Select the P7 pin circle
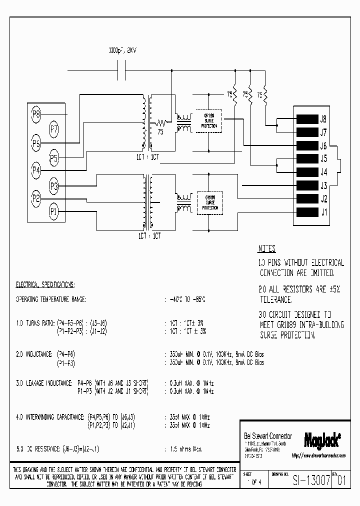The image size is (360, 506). click(54, 129)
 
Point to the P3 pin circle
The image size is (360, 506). click(54, 186)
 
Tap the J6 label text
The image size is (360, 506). click(323, 146)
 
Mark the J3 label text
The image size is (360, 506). click(323, 185)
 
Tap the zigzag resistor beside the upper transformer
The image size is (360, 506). click(161, 123)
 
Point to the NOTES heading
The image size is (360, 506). click(266, 248)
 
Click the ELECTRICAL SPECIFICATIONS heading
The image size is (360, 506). click(45, 284)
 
